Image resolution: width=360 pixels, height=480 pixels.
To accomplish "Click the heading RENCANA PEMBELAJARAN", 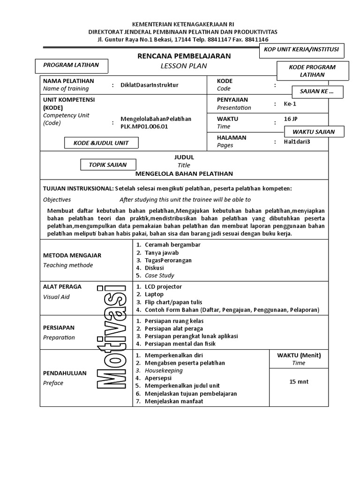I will pyautogui.click(x=184, y=56).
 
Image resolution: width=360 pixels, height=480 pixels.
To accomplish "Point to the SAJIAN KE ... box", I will pyautogui.click(x=318, y=91).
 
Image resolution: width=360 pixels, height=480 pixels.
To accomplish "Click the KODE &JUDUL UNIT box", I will pyautogui.click(x=102, y=143).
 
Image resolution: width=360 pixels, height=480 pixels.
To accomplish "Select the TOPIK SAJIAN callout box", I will pyautogui.click(x=107, y=165).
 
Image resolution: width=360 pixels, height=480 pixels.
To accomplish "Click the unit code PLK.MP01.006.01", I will pyautogui.click(x=144, y=126).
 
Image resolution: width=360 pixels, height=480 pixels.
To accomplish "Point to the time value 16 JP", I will pyautogui.click(x=292, y=119).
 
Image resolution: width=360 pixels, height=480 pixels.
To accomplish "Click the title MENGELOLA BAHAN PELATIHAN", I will pyautogui.click(x=184, y=173).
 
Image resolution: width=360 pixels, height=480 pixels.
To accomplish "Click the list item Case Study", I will pyautogui.click(x=159, y=276).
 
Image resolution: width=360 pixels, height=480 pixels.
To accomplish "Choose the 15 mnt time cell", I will pyautogui.click(x=299, y=382).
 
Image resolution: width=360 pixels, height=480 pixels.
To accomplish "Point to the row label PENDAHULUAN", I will pyautogui.click(x=65, y=373).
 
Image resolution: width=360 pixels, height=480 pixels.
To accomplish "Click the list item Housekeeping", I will pyautogui.click(x=164, y=370).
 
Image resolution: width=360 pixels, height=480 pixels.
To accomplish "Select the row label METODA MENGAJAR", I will pyautogui.click(x=72, y=255).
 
